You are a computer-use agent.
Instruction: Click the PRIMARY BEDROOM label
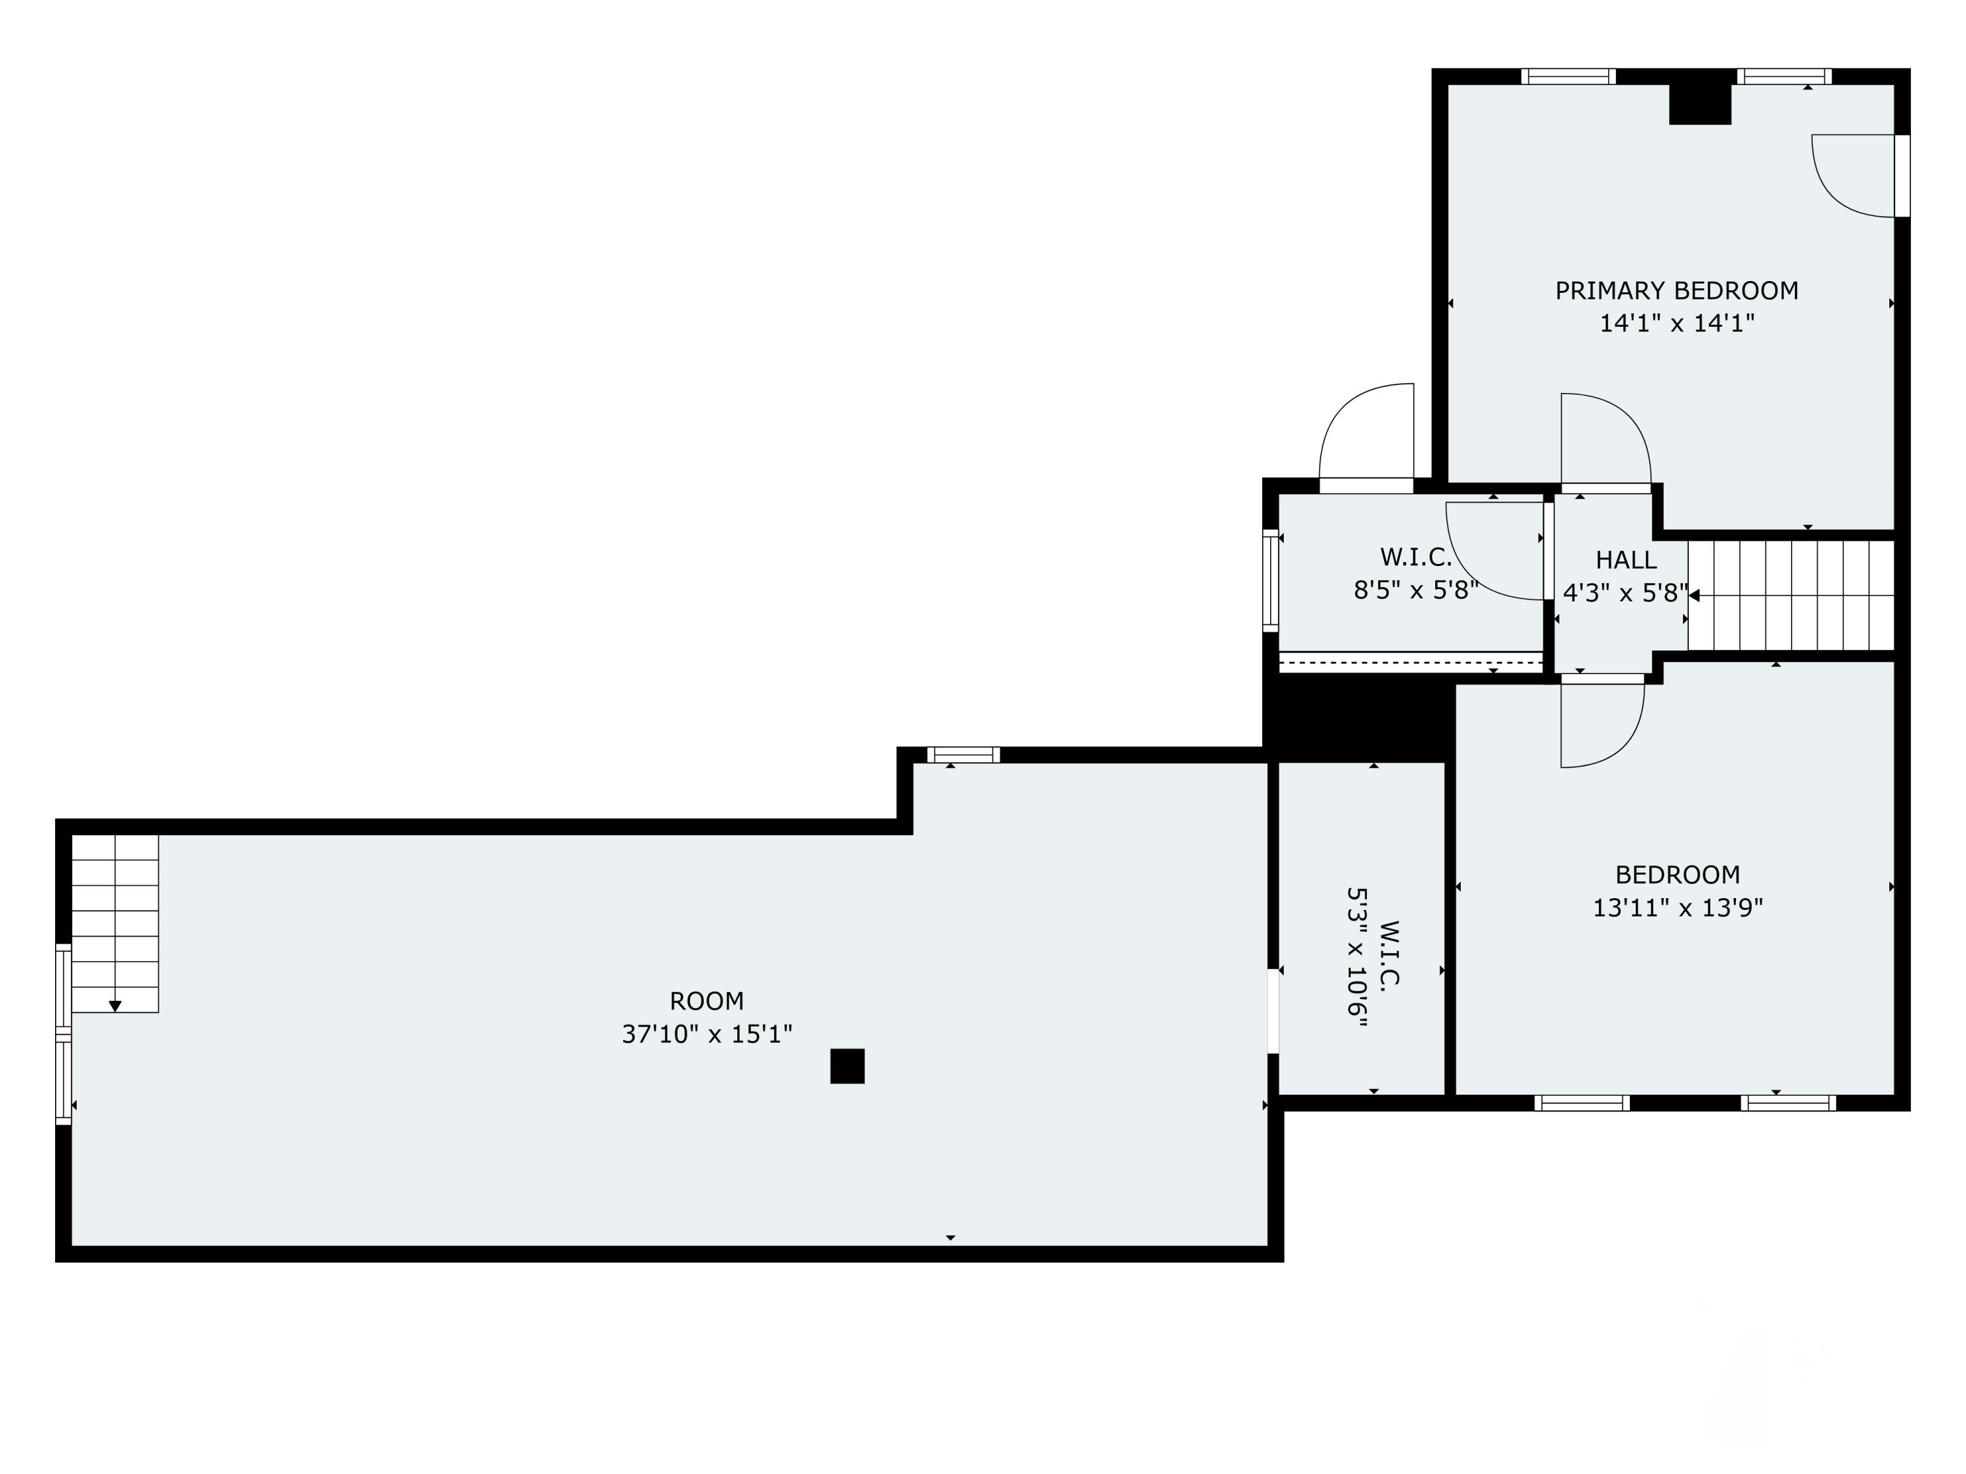[x=1676, y=290]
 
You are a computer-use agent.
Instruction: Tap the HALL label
[x=1626, y=559]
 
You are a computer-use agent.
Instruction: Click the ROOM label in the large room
[x=706, y=1001]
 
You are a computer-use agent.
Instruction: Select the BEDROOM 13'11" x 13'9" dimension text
[x=1677, y=908]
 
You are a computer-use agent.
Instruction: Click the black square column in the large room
[x=847, y=1066]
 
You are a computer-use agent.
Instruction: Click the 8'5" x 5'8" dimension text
[x=1416, y=590]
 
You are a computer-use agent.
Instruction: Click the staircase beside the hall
[x=1791, y=595]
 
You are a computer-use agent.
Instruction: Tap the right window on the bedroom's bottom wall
[x=1788, y=1103]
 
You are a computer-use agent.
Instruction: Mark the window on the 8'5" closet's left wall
[x=1271, y=581]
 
